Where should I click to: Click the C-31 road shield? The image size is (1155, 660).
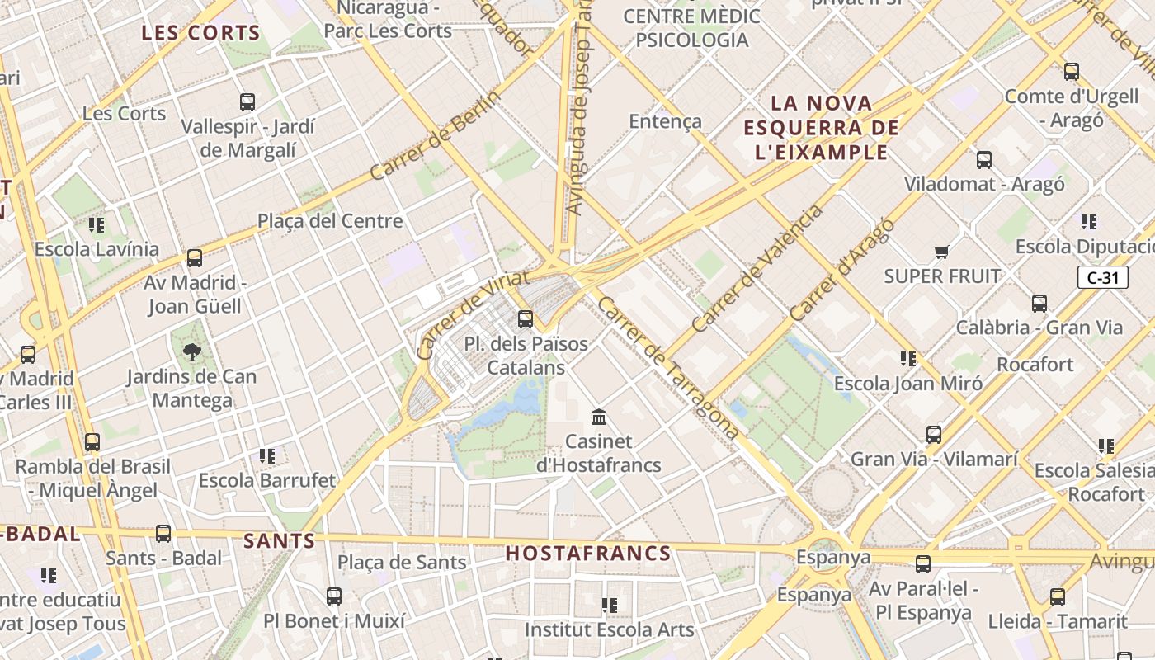pyautogui.click(x=1103, y=278)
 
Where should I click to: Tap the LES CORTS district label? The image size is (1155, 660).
pyautogui.click(x=200, y=34)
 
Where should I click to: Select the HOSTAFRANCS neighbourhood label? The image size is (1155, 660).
pyautogui.click(x=588, y=554)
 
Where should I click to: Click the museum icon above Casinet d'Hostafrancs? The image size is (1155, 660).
pyautogui.click(x=599, y=417)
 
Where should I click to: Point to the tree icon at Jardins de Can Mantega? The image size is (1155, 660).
pyautogui.click(x=192, y=353)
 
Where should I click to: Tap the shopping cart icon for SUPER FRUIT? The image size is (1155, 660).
pyautogui.click(x=941, y=252)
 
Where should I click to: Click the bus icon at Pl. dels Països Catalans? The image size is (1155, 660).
pyautogui.click(x=526, y=319)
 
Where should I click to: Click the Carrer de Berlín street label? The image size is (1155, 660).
pyautogui.click(x=435, y=136)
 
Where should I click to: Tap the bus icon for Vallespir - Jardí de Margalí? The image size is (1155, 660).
pyautogui.click(x=247, y=102)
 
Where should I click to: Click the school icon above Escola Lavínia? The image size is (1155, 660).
pyautogui.click(x=97, y=224)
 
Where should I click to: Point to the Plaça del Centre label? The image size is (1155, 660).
pyautogui.click(x=330, y=221)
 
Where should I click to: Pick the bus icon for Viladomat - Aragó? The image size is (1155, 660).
pyautogui.click(x=984, y=160)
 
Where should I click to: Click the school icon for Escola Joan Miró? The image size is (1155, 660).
pyautogui.click(x=908, y=359)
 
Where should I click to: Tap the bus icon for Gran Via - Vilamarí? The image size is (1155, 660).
pyautogui.click(x=934, y=435)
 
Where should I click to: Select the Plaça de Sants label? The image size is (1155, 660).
pyautogui.click(x=402, y=563)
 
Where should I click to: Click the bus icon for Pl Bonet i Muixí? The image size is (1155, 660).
pyautogui.click(x=334, y=596)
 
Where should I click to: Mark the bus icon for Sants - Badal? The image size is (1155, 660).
pyautogui.click(x=163, y=534)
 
